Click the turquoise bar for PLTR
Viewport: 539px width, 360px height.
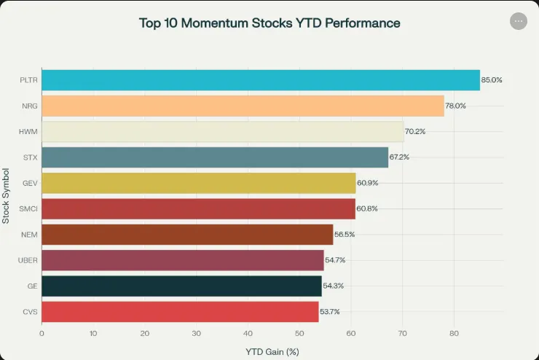(x=261, y=80)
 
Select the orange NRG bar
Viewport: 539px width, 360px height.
(x=243, y=106)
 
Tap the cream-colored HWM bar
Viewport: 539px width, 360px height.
(x=222, y=131)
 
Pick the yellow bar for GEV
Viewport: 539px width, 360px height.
(x=198, y=183)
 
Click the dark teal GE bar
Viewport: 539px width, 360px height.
(x=181, y=286)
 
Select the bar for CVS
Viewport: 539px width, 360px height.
(x=180, y=311)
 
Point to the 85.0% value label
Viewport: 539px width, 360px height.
(x=492, y=80)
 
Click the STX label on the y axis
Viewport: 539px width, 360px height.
(x=30, y=157)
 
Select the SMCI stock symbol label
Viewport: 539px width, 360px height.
(x=29, y=208)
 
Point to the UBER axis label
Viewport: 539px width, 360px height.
(x=28, y=260)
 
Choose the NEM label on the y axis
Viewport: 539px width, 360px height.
(x=30, y=235)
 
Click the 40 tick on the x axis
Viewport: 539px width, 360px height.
(x=248, y=333)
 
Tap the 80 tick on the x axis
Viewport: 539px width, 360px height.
(x=454, y=333)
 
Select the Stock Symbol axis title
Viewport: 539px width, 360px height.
(x=7, y=195)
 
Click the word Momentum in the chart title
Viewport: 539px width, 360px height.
(x=219, y=23)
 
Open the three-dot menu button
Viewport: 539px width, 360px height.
(x=519, y=21)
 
